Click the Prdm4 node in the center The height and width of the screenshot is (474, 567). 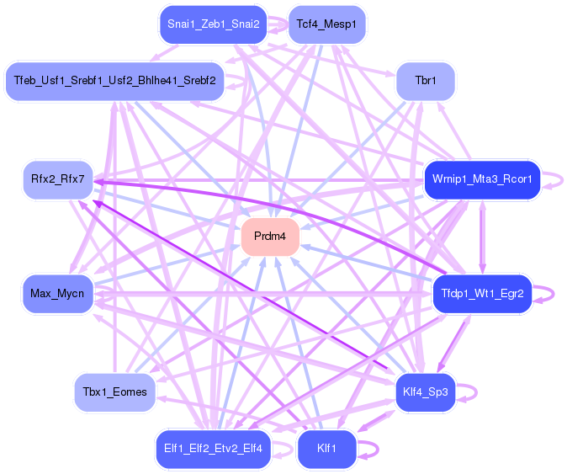tap(270, 237)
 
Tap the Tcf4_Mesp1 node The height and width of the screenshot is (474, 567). tap(326, 24)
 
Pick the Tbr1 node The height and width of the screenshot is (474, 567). tap(425, 82)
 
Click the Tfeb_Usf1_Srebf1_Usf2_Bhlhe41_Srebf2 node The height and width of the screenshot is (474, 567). tap(114, 82)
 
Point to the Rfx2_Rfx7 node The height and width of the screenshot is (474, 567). tap(57, 180)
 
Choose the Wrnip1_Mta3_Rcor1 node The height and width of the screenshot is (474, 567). tap(481, 180)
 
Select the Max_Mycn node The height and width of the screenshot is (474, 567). tap(57, 294)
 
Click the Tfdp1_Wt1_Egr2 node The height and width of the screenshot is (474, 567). tap(481, 294)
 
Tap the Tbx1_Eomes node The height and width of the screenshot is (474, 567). tap(114, 391)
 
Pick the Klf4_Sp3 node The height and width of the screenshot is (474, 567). tap(425, 391)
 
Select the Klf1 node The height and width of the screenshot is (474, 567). tap(326, 449)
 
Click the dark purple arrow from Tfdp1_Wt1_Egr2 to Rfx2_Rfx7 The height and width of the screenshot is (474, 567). tap(278, 207)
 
